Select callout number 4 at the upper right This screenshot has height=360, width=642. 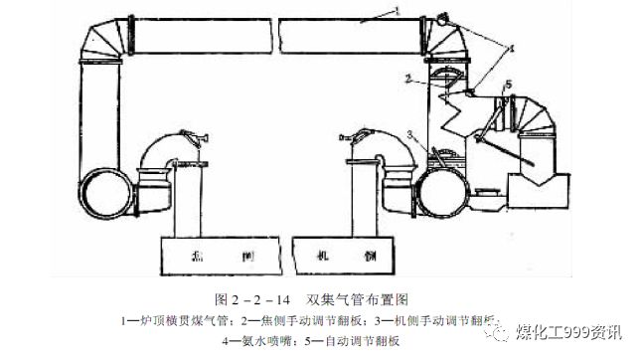click(x=512, y=47)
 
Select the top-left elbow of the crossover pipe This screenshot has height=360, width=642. click(x=99, y=41)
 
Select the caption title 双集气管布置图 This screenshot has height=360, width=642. click(x=359, y=299)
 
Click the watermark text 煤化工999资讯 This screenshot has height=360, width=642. click(x=582, y=332)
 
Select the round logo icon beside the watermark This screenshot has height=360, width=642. click(x=520, y=332)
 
